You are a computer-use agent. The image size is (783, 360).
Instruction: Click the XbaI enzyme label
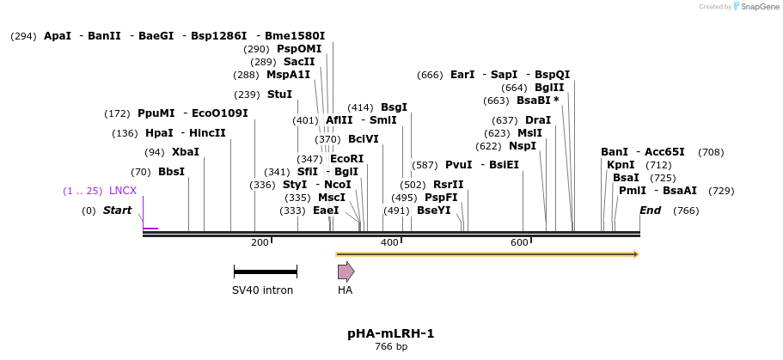tap(185, 152)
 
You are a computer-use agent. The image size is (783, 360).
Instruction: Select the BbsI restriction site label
tap(171, 171)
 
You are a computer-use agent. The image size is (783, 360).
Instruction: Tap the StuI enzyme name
tap(279, 94)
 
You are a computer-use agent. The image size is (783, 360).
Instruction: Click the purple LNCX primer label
tap(122, 190)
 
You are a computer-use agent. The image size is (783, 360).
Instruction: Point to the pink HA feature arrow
tap(346, 272)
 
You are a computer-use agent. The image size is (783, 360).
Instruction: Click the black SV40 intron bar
tap(266, 272)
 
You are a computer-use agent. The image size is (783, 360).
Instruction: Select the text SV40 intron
tap(262, 290)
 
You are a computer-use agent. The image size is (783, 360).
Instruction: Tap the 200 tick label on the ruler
tap(260, 243)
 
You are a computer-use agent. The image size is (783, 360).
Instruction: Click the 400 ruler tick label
tap(389, 243)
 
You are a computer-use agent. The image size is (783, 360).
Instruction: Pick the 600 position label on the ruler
tap(519, 243)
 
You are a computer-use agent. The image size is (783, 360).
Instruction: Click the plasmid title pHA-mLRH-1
tap(391, 333)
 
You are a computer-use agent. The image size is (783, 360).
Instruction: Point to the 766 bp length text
tap(391, 347)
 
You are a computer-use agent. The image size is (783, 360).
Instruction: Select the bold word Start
tap(118, 211)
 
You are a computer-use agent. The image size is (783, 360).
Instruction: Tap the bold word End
tap(651, 211)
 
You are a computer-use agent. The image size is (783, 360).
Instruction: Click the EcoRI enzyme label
tap(346, 158)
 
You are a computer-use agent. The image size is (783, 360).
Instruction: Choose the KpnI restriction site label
tap(621, 165)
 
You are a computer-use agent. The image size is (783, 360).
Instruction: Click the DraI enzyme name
tap(537, 119)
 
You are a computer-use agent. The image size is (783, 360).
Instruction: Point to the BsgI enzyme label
tap(394, 107)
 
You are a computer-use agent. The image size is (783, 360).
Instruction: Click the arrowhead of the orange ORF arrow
tap(634, 254)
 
